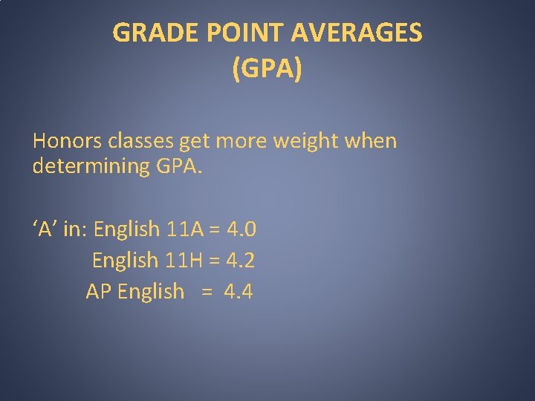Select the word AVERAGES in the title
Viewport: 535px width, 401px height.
(x=357, y=33)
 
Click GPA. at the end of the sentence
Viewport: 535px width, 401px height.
(x=179, y=166)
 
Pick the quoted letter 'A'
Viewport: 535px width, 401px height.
(x=45, y=229)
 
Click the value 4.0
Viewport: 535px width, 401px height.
(x=240, y=229)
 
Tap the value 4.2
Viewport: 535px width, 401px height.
(x=240, y=260)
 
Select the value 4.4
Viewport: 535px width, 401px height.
(x=239, y=292)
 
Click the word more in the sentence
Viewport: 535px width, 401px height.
(x=242, y=140)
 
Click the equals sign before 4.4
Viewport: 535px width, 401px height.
(x=206, y=292)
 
